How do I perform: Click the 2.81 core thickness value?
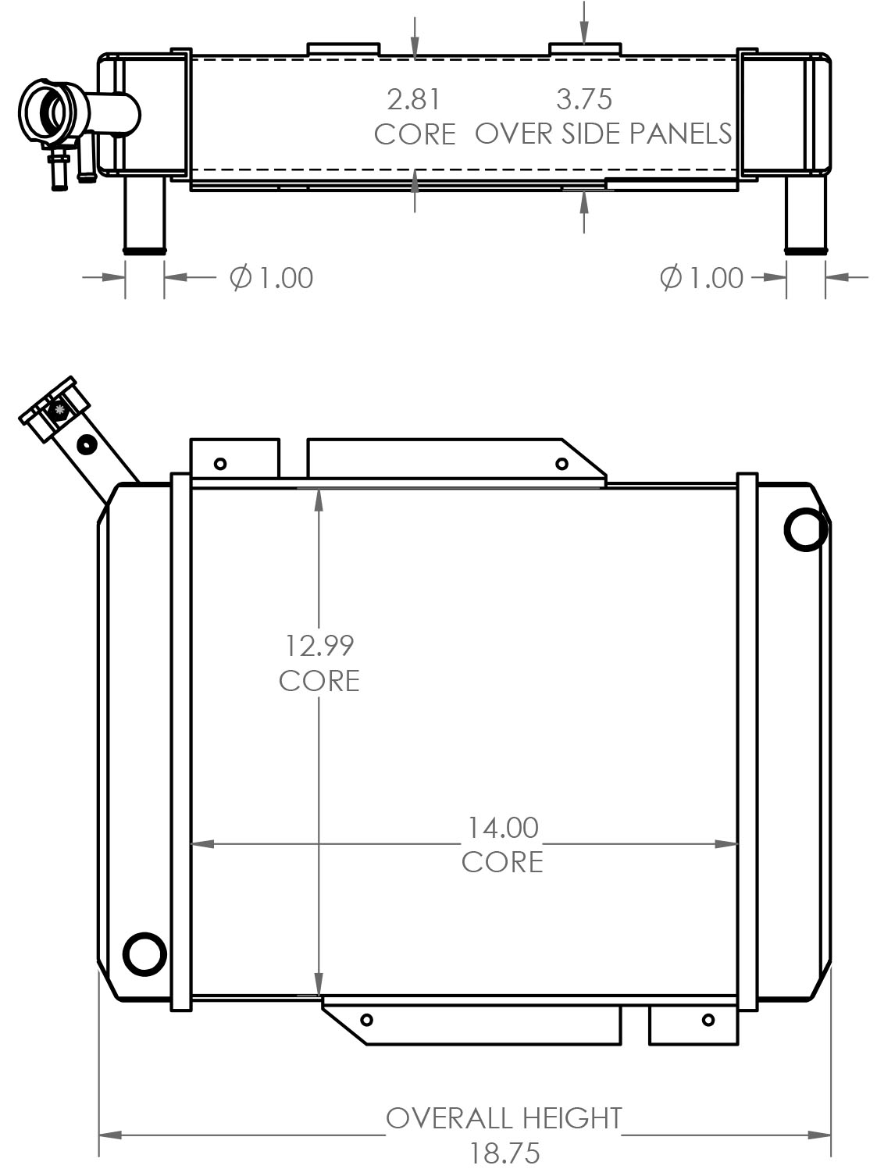[413, 99]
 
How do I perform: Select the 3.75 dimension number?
[583, 99]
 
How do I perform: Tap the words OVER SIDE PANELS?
[604, 134]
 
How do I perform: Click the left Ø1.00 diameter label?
[272, 277]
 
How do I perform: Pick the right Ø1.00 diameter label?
[701, 277]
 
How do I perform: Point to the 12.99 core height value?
[319, 646]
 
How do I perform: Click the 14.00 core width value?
[502, 827]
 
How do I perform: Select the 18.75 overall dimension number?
[504, 1153]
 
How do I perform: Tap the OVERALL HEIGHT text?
[504, 1118]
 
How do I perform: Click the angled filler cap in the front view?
[55, 408]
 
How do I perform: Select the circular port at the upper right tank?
[804, 529]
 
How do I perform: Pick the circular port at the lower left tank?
[145, 953]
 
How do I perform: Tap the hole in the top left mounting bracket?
[220, 464]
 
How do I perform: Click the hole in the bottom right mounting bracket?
[708, 1020]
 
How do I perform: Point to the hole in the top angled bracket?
[561, 464]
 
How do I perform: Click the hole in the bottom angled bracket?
[367, 1020]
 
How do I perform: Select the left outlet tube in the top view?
[144, 215]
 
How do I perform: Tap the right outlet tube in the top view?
[805, 215]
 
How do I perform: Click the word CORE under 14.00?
[502, 862]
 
